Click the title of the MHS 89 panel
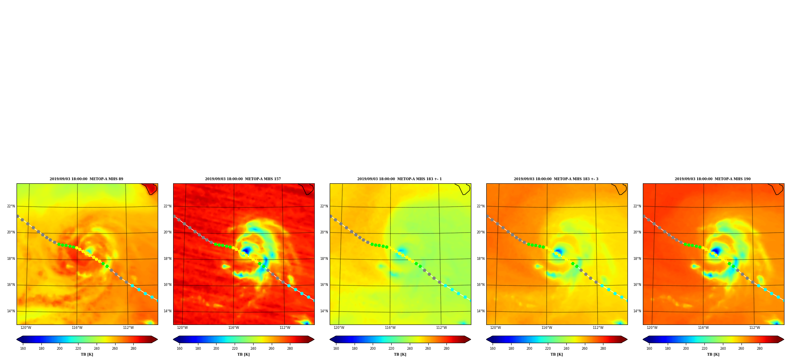point(86,179)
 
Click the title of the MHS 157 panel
point(243,179)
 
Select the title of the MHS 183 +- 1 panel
point(400,179)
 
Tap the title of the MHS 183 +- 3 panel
point(556,179)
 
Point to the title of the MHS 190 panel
point(713,179)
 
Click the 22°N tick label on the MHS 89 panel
point(11,206)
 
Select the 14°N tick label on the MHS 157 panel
point(168,311)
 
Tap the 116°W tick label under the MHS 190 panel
point(703,328)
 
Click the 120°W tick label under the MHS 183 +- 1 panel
point(339,328)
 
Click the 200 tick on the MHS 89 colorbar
point(60,349)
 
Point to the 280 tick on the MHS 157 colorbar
point(290,349)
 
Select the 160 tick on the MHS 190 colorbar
point(649,349)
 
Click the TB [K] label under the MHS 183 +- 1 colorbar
point(400,354)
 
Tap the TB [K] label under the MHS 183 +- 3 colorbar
point(556,354)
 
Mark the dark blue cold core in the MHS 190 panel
point(716,251)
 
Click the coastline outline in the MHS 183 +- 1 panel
point(463,189)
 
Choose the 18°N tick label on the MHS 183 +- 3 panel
point(481,259)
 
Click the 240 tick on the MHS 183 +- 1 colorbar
point(410,349)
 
